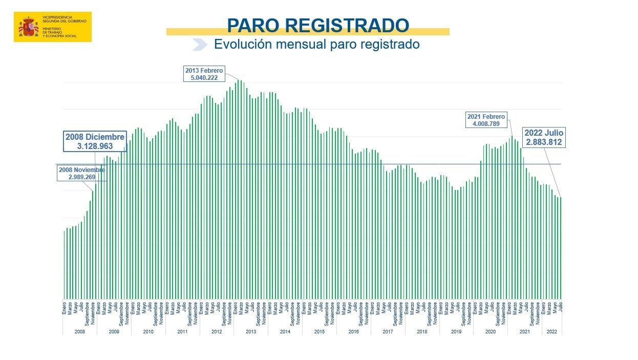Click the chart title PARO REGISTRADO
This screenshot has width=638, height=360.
[317, 25]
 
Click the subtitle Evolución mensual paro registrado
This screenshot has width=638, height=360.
[316, 44]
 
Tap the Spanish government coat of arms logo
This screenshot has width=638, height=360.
[29, 27]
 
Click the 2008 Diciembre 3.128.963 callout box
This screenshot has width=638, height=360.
[95, 141]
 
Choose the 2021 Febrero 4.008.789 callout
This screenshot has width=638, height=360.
[486, 120]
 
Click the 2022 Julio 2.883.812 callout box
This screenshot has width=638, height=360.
[543, 137]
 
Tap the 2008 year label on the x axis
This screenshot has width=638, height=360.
[80, 332]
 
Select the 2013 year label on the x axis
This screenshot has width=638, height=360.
[251, 332]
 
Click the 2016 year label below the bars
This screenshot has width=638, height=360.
[353, 332]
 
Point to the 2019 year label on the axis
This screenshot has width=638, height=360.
[456, 332]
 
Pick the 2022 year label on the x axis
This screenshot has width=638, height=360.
[552, 332]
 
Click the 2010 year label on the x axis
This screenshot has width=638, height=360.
[148, 332]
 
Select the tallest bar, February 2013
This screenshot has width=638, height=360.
[238, 189]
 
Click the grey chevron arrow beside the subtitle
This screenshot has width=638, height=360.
[199, 45]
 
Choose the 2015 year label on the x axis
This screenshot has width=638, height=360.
[319, 332]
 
